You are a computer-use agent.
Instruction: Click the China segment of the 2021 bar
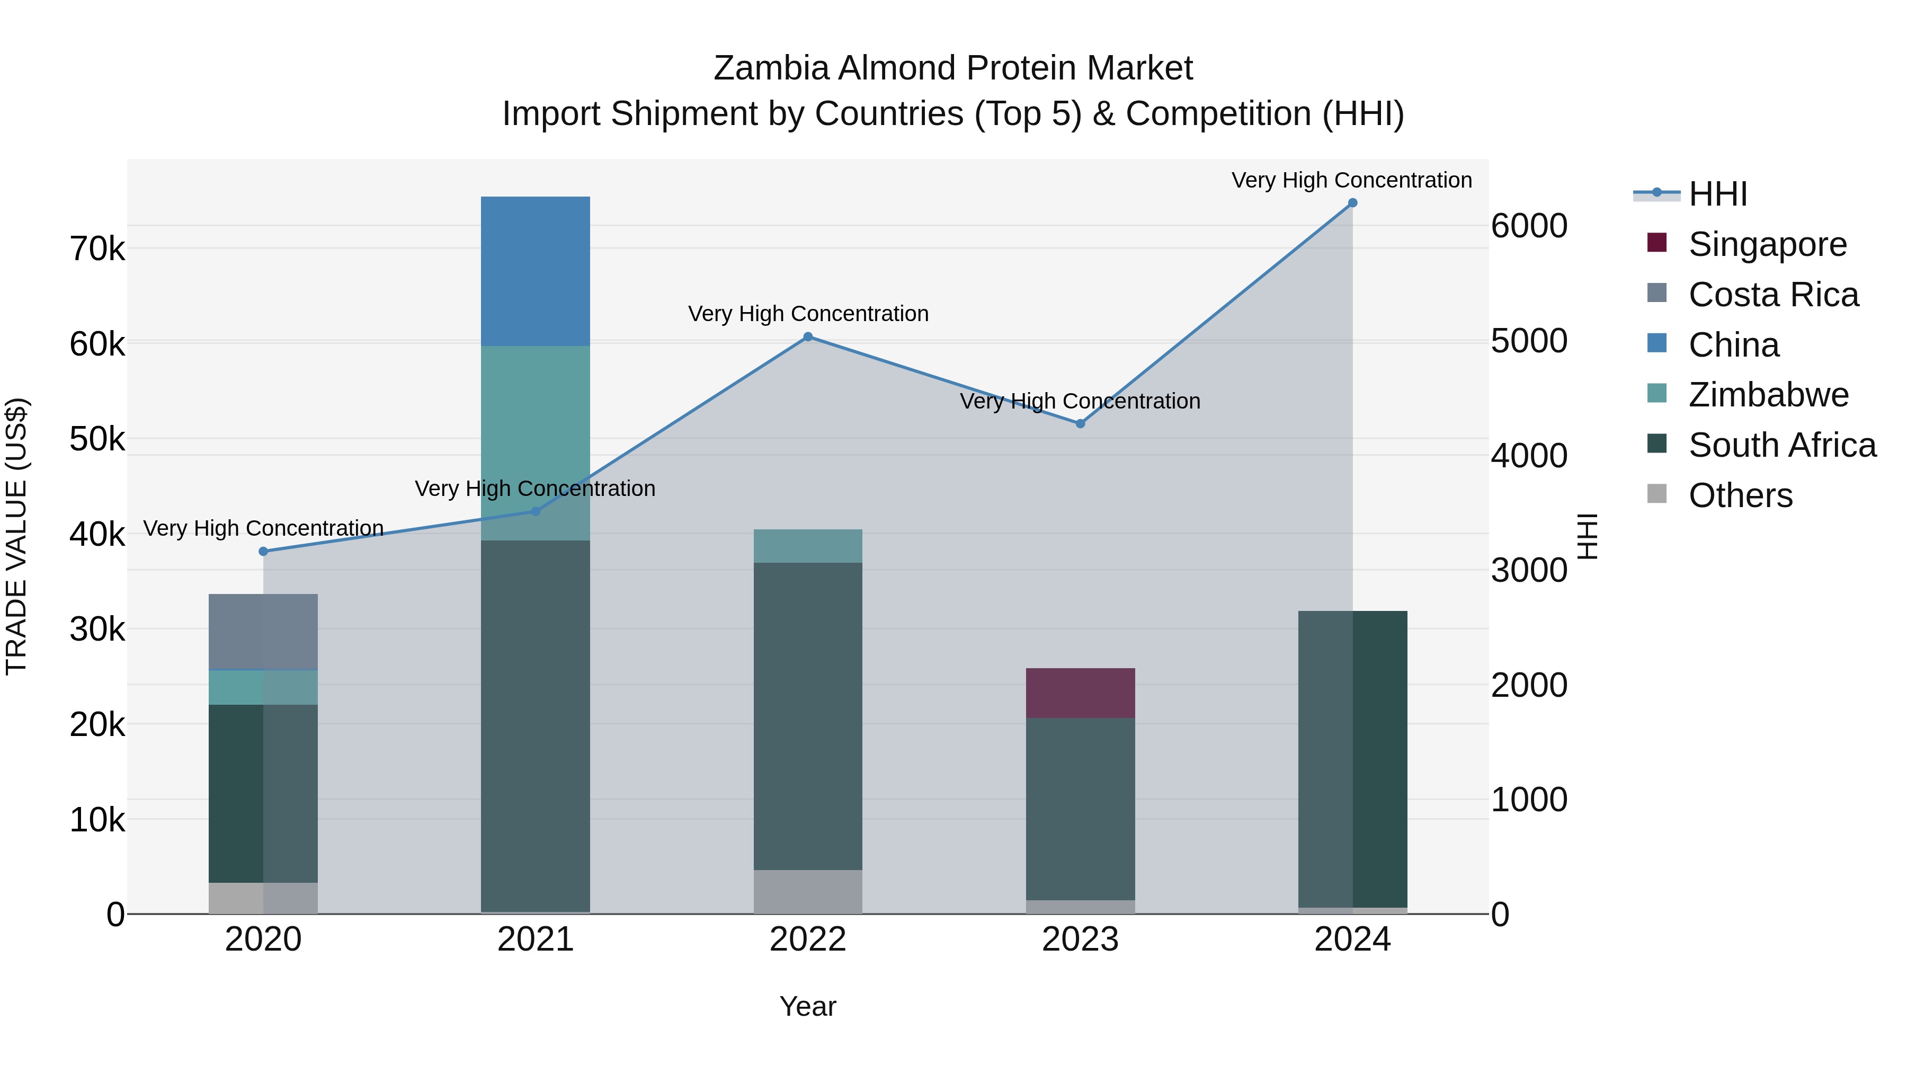click(x=535, y=271)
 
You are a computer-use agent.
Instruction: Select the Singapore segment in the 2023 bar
click(x=1080, y=693)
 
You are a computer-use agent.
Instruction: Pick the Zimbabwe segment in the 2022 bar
click(x=808, y=546)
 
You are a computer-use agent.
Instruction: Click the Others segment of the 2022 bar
click(x=808, y=892)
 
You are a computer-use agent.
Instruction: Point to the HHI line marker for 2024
click(x=1352, y=203)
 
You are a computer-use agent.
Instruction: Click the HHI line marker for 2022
click(x=808, y=337)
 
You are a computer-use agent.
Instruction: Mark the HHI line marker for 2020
click(x=264, y=552)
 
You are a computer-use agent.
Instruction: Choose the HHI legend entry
click(x=1717, y=194)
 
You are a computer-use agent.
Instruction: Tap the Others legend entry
click(x=1740, y=495)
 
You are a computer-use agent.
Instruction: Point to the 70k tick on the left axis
click(x=97, y=250)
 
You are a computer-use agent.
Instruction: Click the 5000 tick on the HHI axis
click(x=1529, y=341)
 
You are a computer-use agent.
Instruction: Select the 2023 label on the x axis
click(x=1080, y=939)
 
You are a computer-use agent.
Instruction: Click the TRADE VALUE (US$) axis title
click(x=17, y=536)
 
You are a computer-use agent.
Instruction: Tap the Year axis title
click(x=808, y=1006)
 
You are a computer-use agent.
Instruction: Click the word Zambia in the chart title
click(x=771, y=68)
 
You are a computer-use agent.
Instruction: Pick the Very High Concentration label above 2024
click(x=1352, y=180)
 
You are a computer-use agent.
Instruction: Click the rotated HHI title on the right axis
click(x=1587, y=536)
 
